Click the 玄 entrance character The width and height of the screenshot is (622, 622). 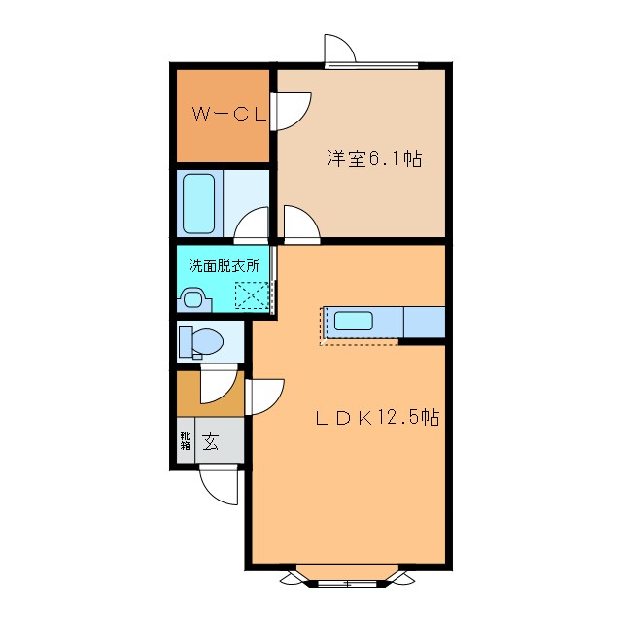210,442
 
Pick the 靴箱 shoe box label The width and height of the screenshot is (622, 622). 185,442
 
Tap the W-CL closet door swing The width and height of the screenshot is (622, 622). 293,109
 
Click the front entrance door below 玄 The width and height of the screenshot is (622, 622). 219,484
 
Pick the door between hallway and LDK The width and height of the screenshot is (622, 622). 264,397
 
